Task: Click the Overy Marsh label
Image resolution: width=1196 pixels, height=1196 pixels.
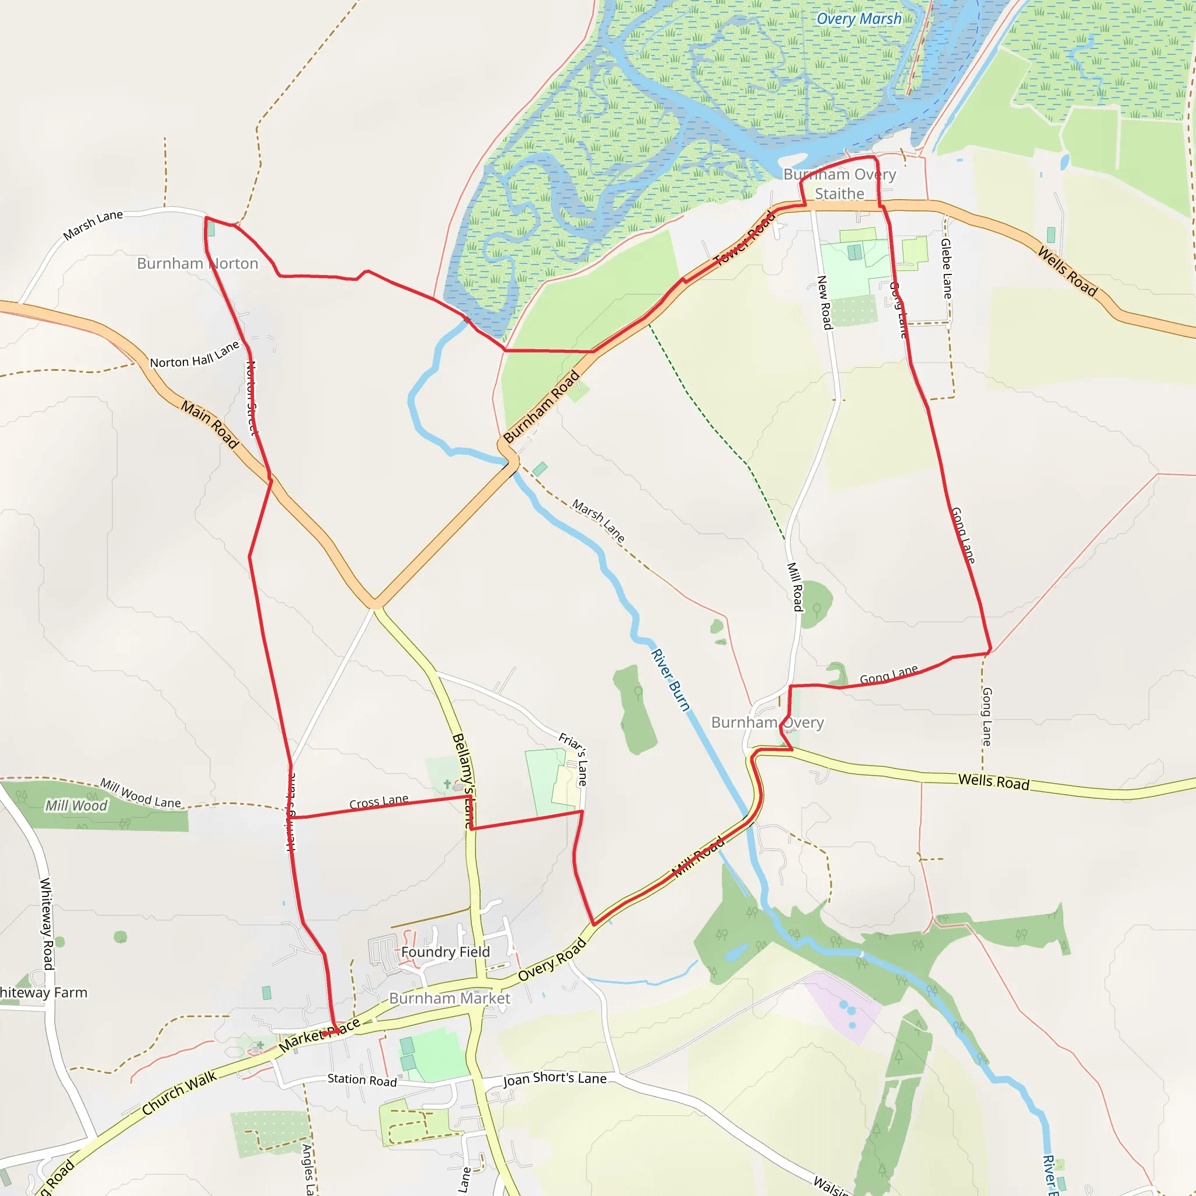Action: [x=858, y=19]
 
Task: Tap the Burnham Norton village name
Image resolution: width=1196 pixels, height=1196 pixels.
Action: [x=197, y=264]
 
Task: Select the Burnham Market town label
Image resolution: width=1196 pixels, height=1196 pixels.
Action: [x=450, y=998]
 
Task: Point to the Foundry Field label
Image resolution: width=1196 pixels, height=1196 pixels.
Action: [x=445, y=951]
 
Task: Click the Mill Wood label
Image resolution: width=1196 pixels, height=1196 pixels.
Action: [x=76, y=805]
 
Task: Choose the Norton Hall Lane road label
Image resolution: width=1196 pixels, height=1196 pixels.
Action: [x=194, y=355]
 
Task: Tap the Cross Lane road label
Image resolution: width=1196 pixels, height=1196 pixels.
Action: [x=379, y=802]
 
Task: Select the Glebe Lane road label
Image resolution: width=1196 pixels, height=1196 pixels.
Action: [x=946, y=269]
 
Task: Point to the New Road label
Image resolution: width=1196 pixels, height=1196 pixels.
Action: [x=825, y=302]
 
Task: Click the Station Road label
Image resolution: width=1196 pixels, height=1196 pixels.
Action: [x=362, y=1080]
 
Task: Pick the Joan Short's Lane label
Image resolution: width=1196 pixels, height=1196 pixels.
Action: [x=555, y=1079]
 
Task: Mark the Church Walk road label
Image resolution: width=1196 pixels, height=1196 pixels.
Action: [x=179, y=1093]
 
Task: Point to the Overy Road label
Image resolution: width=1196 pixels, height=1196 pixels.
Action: [x=552, y=960]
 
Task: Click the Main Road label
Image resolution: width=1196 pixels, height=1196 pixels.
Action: [x=210, y=424]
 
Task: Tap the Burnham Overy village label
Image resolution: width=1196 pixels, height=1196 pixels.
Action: [x=767, y=722]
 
